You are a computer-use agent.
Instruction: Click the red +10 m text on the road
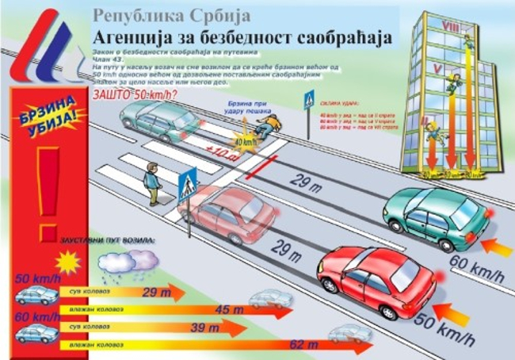tap(218, 151)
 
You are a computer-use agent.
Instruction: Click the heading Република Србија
tap(171, 14)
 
